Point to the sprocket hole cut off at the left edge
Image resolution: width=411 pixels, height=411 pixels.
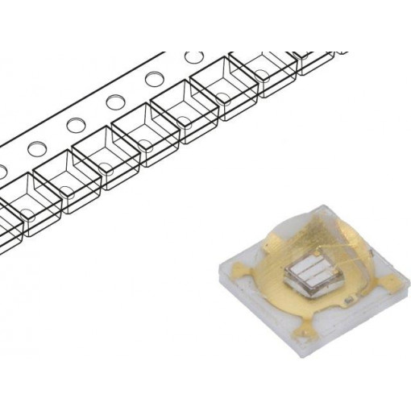[2, 171]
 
